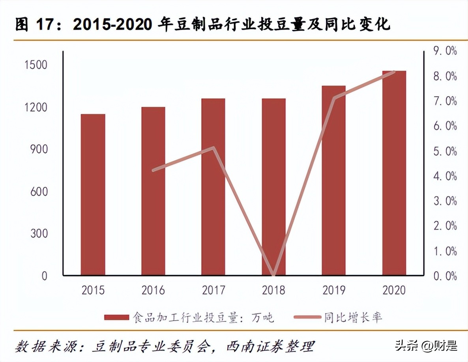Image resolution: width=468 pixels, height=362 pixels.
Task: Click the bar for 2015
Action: pos(93,194)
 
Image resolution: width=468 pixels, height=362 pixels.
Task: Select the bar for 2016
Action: pos(153,191)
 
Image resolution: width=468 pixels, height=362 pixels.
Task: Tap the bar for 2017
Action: pos(213,187)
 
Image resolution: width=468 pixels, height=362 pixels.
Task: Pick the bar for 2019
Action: pos(333,180)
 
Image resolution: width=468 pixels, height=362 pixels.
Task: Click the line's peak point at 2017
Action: pos(213,148)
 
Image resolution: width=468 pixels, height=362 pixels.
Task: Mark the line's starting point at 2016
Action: pos(154,170)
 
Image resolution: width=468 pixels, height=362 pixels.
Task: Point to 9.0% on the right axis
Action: pos(445,51)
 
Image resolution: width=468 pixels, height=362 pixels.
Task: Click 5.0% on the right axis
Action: pos(445,151)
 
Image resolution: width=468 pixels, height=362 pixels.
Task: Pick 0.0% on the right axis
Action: pos(445,276)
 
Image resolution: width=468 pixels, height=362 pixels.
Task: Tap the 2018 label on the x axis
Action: pos(273,291)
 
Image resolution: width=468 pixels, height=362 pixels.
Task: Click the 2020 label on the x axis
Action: pos(394,291)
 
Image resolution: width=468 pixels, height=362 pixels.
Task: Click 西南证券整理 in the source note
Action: pos(270,347)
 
